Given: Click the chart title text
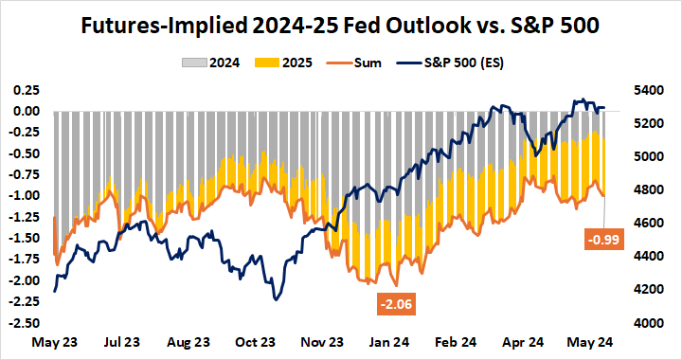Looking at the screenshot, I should tap(341, 22).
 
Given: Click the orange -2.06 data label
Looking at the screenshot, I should tap(392, 304).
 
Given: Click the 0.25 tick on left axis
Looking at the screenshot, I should tap(25, 90).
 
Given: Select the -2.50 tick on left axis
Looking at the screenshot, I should tap(23, 323).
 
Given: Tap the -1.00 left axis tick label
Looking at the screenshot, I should tap(23, 196).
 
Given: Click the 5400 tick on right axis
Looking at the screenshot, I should tap(654, 90).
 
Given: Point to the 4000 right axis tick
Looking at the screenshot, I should tap(654, 323).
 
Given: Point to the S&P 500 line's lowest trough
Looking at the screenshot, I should tap(275, 299).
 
